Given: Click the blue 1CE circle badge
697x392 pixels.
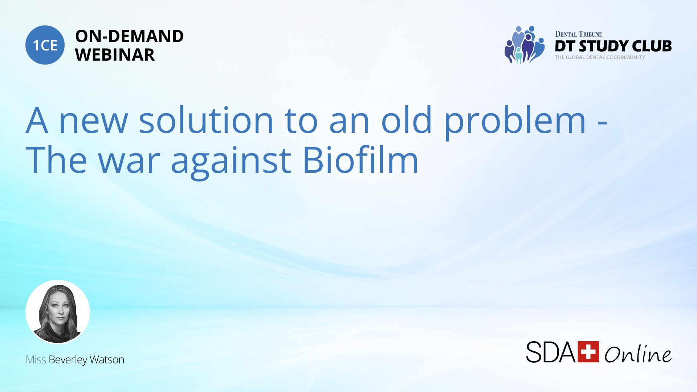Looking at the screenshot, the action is coord(45,45).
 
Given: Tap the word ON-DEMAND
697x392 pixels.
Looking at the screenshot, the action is coord(129,36).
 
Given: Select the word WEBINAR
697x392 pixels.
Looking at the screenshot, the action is coord(115,55).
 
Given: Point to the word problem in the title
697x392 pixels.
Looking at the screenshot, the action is coord(515,123).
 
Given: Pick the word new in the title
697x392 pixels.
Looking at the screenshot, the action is coord(93,123).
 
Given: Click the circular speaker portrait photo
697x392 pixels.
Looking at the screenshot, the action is coord(58,312).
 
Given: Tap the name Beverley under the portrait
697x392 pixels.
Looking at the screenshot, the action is coord(68,360).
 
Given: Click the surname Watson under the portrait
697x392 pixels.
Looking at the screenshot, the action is coord(107,359).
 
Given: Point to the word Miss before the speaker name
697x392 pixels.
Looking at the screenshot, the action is coord(36,359).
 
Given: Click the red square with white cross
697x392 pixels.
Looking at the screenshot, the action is coord(588,352).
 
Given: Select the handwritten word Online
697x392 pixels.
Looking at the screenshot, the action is coord(638,354).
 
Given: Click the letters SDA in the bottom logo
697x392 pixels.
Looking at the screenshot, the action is coord(551,352).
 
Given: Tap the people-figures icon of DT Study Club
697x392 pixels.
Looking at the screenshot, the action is coord(524,45).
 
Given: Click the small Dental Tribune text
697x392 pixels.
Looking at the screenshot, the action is coord(578,34).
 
